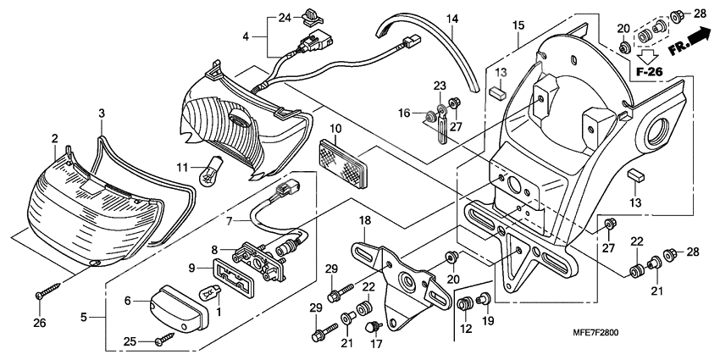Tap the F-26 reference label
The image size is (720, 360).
651,72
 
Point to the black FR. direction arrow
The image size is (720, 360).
696,38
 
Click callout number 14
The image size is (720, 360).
452,19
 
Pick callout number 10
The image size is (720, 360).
335,130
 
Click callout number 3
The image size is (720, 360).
101,114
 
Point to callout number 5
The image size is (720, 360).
84,318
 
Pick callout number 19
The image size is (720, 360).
486,322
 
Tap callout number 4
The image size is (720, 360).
246,36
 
